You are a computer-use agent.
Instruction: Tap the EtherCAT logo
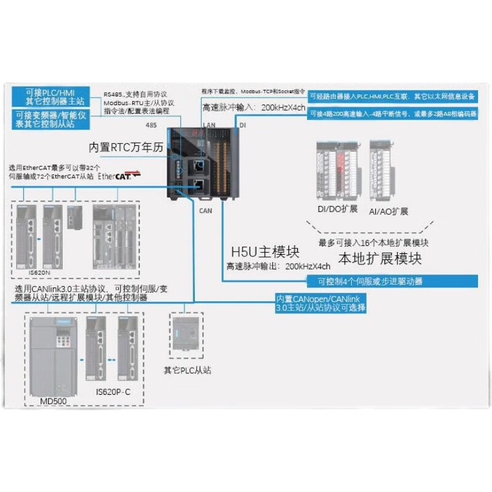(x=125, y=175)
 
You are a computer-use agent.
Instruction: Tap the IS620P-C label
(x=113, y=392)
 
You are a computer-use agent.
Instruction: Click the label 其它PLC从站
(x=188, y=371)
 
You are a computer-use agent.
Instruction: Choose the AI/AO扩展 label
(x=389, y=211)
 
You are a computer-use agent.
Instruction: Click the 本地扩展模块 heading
(x=380, y=258)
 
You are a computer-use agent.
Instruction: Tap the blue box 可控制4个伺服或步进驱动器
(x=370, y=282)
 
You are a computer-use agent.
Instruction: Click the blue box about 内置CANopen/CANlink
(x=320, y=303)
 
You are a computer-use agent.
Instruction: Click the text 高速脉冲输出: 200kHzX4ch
(x=279, y=266)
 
